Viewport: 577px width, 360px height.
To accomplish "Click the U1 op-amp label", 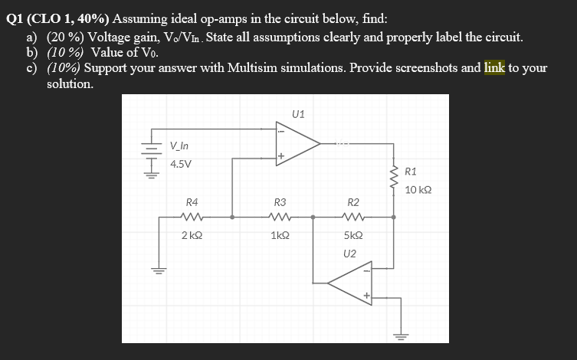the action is pyautogui.click(x=298, y=115).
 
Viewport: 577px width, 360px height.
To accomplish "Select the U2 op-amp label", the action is pyautogui.click(x=350, y=253).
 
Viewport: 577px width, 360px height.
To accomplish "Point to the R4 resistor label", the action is pyautogui.click(x=192, y=202).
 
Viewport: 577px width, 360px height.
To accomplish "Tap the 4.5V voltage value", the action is pyautogui.click(x=182, y=164).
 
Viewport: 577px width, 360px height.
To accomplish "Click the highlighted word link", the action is pyautogui.click(x=494, y=67).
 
